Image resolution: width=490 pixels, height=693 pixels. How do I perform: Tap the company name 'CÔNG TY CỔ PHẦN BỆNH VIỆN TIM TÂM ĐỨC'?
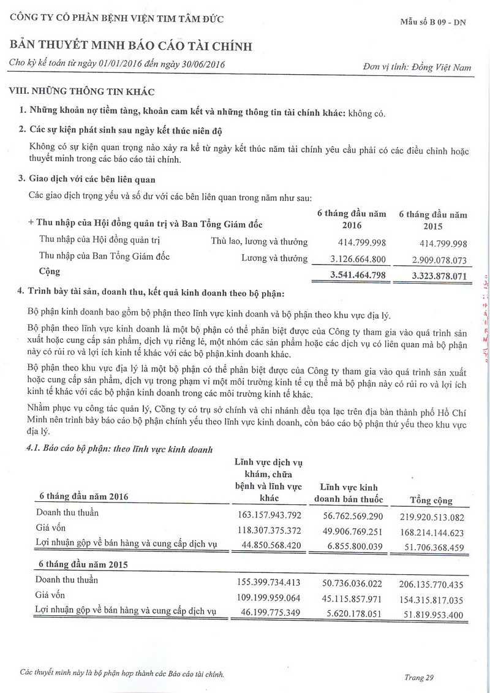pyautogui.click(x=117, y=18)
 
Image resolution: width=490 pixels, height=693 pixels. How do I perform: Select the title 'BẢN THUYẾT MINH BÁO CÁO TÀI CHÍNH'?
pyautogui.click(x=130, y=47)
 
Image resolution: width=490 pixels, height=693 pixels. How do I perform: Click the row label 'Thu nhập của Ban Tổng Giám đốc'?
pyautogui.click(x=104, y=256)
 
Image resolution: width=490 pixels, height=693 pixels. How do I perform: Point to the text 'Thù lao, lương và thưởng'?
pyautogui.click(x=259, y=241)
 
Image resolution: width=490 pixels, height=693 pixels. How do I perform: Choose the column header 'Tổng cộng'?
pyautogui.click(x=431, y=500)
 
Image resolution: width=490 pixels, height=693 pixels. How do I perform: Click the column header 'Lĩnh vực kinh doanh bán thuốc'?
pyautogui.click(x=349, y=493)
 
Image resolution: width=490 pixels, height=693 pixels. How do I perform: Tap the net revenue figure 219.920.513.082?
pyautogui.click(x=431, y=516)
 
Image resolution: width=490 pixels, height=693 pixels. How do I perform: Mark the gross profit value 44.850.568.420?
pyautogui.click(x=268, y=544)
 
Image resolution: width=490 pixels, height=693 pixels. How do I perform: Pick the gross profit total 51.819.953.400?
pyautogui.click(x=431, y=614)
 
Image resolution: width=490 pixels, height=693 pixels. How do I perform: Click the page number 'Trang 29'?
pyautogui.click(x=419, y=677)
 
